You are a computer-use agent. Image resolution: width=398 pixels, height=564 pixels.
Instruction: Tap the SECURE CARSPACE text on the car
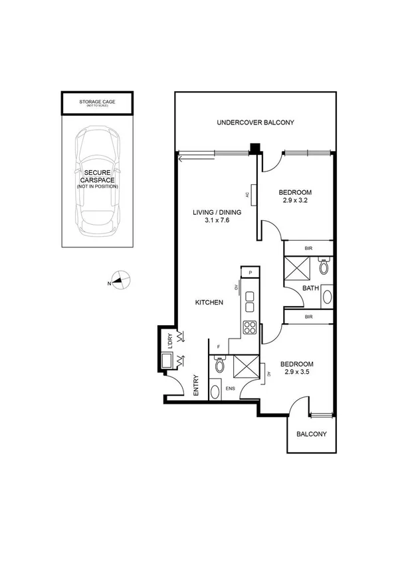[x=97, y=178]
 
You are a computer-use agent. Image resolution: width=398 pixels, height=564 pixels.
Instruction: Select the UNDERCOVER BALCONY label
[x=255, y=122]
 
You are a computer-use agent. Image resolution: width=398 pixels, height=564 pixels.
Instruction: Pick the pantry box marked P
[x=250, y=272]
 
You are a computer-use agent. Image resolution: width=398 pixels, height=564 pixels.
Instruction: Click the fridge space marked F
[x=219, y=347]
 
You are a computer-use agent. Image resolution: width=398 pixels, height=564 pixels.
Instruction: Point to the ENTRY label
[x=196, y=387]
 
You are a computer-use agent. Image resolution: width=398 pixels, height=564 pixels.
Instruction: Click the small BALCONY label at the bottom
[x=311, y=434]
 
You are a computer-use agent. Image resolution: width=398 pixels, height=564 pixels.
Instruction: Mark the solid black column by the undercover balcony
[x=253, y=150]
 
